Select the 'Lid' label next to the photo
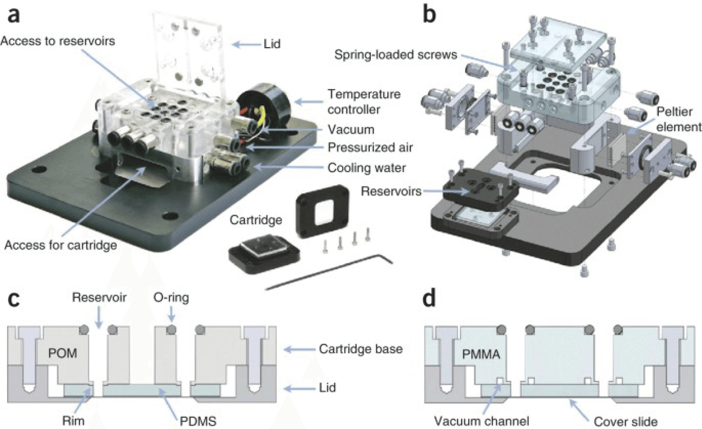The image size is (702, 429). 272,44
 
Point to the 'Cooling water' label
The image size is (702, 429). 366,168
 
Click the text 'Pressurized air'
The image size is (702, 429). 370,147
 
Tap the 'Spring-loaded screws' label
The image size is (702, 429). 396,55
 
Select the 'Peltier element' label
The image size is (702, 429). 678,119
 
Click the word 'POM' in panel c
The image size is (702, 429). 63,353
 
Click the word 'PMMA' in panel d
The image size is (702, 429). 481,354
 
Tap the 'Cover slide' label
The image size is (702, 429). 626,421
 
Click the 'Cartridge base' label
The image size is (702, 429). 361,349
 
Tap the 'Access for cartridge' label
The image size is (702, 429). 61,245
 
